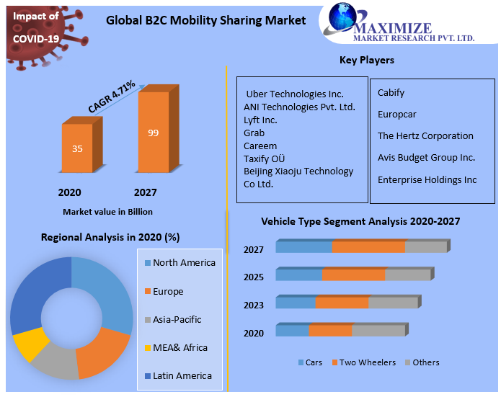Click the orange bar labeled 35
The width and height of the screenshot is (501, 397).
tap(77, 148)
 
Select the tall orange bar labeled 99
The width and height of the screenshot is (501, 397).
tap(153, 133)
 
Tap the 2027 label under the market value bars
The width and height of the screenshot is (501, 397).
tap(145, 192)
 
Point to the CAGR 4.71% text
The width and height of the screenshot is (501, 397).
tap(112, 97)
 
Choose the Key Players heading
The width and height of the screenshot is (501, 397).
tap(367, 60)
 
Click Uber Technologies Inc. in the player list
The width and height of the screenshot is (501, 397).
tap(295, 94)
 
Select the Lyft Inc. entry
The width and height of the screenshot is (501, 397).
tap(260, 120)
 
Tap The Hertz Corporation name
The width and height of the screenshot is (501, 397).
tap(425, 135)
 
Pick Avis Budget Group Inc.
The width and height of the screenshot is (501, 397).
tap(426, 157)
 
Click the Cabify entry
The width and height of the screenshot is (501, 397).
tap(391, 92)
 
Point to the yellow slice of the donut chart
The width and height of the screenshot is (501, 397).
tap(30, 344)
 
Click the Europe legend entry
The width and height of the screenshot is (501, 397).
tap(167, 291)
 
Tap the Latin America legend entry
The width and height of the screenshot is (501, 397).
tap(182, 375)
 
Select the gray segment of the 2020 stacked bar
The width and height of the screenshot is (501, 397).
tap(379, 331)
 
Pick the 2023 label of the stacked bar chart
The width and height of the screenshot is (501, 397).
tap(253, 305)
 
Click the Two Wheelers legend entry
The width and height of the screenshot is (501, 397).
tap(363, 362)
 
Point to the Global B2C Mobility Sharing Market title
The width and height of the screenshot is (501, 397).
tap(205, 21)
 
